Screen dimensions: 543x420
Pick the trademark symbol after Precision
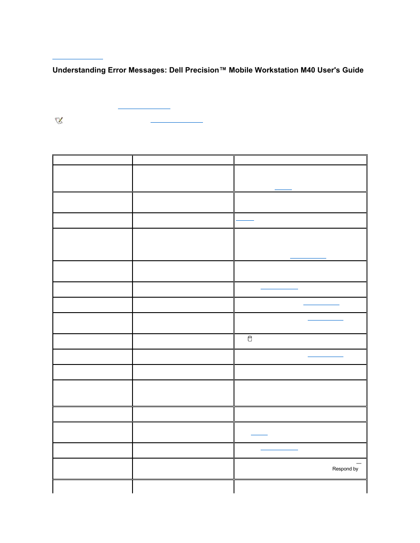(x=223, y=69)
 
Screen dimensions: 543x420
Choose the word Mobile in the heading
(x=241, y=70)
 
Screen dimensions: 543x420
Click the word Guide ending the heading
(x=353, y=70)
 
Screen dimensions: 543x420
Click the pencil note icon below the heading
(x=59, y=120)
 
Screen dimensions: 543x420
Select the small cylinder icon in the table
(x=250, y=339)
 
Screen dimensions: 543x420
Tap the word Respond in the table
(x=342, y=469)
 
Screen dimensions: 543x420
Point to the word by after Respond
(x=355, y=469)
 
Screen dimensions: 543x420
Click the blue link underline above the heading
(x=77, y=58)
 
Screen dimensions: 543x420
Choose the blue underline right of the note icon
(x=177, y=122)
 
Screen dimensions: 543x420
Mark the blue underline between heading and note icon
(x=144, y=108)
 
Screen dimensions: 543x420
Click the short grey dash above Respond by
(x=359, y=463)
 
